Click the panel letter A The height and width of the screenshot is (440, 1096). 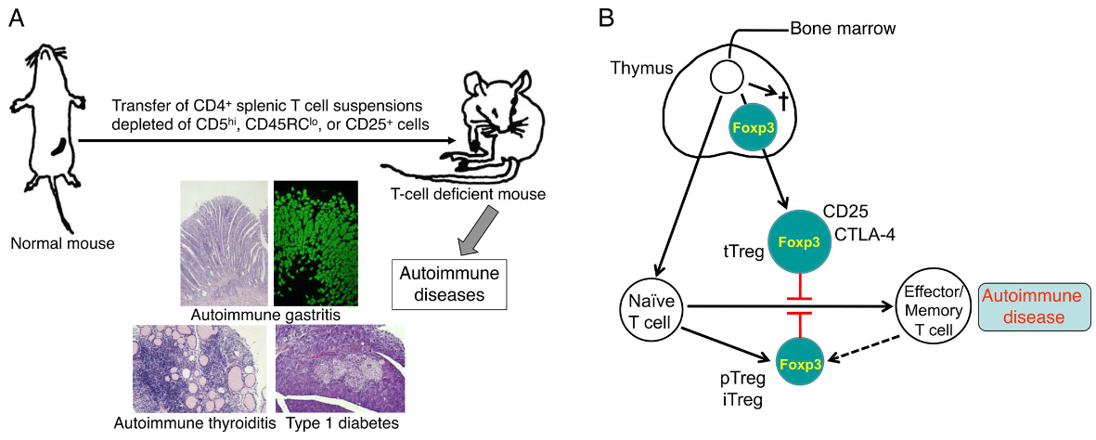pos(16,17)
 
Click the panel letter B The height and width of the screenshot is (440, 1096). pos(606,17)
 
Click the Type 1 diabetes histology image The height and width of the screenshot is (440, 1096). pos(340,369)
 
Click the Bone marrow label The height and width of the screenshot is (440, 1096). pos(843,28)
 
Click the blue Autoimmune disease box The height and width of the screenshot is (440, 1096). pos(1033,308)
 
